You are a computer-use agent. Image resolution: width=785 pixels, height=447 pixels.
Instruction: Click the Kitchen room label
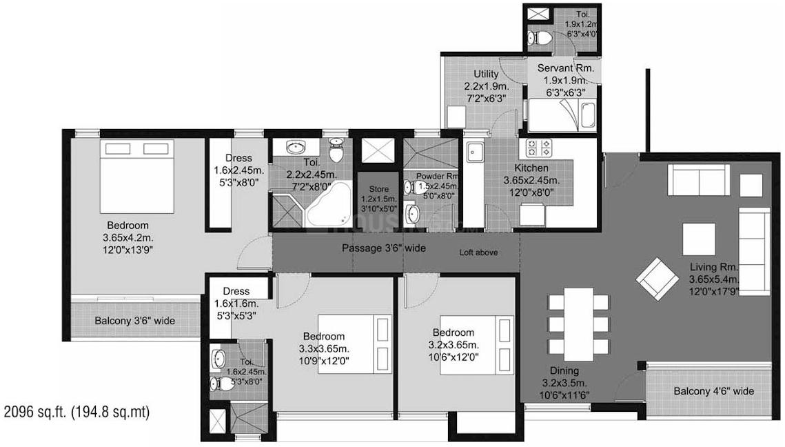click(531, 168)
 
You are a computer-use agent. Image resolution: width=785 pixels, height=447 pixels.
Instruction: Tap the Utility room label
click(486, 74)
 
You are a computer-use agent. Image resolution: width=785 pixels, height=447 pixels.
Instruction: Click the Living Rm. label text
click(714, 267)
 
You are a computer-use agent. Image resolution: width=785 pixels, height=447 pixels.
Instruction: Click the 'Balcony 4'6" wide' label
click(713, 391)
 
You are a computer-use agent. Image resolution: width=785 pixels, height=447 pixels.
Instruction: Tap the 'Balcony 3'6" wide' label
click(134, 321)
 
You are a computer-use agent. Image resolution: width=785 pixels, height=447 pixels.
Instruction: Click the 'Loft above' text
click(478, 252)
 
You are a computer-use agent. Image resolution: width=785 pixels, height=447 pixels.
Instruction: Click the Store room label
click(378, 189)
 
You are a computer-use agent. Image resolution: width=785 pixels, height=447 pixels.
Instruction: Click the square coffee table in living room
click(694, 239)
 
